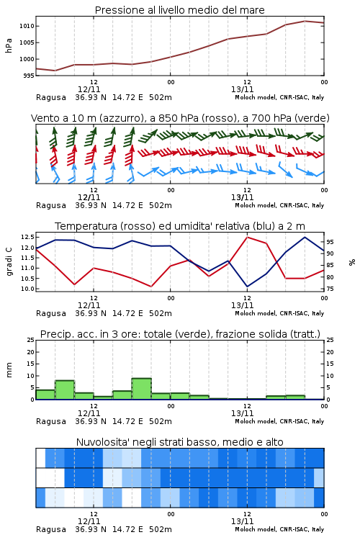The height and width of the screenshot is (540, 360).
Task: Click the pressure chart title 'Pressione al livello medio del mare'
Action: point(179,10)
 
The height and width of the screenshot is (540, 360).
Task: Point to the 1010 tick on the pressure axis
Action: point(27,26)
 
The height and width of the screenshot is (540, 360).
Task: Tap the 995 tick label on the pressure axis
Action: point(29,76)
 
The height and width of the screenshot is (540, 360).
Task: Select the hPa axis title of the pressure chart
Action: point(9,45)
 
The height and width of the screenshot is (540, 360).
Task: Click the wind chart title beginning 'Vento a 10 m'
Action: point(180,118)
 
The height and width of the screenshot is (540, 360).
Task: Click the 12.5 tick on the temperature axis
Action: point(27,237)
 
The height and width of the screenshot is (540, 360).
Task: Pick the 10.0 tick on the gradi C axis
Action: point(27,289)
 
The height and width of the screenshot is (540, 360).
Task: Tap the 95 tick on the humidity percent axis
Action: point(330,242)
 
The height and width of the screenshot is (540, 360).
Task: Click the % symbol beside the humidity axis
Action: point(352,262)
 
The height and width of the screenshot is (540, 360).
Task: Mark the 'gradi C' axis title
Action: point(9,262)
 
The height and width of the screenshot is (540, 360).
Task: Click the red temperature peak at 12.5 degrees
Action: point(247,237)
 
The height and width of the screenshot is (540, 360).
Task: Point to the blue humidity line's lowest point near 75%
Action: point(247,287)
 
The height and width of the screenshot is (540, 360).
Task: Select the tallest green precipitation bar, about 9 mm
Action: point(142,389)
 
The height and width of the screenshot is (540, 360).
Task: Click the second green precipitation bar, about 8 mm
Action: point(65,390)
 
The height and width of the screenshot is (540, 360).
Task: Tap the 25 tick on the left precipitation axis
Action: point(31,340)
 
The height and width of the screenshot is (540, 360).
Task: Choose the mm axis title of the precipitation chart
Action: point(9,370)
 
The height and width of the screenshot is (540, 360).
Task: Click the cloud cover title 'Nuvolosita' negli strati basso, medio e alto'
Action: point(179,442)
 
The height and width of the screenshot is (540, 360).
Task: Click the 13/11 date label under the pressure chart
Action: point(242,89)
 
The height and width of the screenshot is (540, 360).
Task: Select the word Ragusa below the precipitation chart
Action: point(51,421)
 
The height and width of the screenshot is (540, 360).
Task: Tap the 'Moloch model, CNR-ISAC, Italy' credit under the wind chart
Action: point(279,205)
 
